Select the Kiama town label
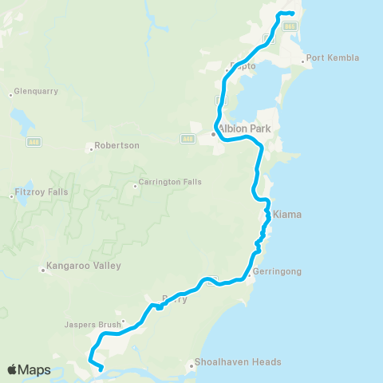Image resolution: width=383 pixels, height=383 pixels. coord(287,215)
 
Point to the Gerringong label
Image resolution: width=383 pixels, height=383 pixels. coord(276,272)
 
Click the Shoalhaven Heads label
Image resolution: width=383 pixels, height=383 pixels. coord(239,361)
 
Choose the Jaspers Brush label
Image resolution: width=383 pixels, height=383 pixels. coord(93,325)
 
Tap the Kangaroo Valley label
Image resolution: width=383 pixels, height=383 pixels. coord(81,265)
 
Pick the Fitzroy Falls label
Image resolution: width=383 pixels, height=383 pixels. coord(41,192)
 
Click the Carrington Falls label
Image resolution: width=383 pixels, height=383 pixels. coord(170,182)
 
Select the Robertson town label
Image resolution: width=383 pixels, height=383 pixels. coord(116,146)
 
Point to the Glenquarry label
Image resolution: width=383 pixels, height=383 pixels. coord(36,92)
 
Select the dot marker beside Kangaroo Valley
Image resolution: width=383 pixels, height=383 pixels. coord(43,270)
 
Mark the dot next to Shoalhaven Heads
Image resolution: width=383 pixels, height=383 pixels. coord(191,365)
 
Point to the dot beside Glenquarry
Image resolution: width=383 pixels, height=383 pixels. coord(10,94)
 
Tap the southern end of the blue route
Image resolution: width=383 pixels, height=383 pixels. coord(101,369)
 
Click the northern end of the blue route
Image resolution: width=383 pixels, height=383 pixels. coord(294,14)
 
